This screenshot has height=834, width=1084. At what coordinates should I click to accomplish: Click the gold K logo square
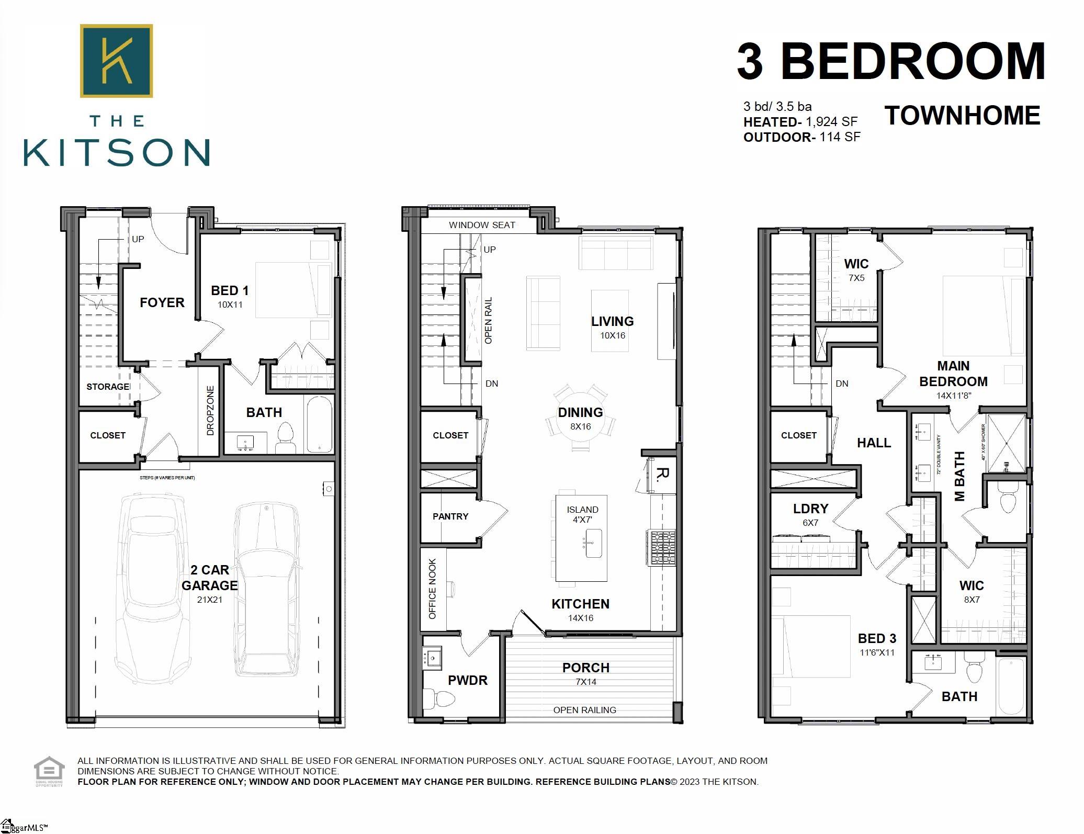coord(116,61)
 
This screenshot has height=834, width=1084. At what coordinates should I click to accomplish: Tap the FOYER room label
coord(162,302)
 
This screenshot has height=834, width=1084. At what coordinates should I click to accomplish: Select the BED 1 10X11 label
coord(230,296)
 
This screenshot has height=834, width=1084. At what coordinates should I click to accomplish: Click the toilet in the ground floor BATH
coord(285,438)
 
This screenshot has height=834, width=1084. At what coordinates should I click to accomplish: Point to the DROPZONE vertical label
coord(210,411)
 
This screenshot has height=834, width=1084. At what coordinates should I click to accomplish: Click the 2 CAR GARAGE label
coord(209,578)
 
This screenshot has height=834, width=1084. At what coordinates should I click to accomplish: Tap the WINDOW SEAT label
coord(482,225)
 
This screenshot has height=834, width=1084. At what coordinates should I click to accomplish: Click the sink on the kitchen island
coord(593,543)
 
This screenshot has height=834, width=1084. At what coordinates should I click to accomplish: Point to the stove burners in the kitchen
coord(662,548)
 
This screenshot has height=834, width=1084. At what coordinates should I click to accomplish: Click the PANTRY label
coord(450,516)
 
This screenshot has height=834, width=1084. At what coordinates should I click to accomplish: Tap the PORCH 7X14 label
coord(585,673)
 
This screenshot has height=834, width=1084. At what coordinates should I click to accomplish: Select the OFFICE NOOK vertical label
coord(433,589)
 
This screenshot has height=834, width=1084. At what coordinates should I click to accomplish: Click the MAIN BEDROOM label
coord(953,374)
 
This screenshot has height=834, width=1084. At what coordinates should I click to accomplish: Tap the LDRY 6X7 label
coord(810,514)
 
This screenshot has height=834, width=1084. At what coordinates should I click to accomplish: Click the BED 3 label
coord(877,639)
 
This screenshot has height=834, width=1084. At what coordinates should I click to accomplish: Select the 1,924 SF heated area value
coord(831,122)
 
